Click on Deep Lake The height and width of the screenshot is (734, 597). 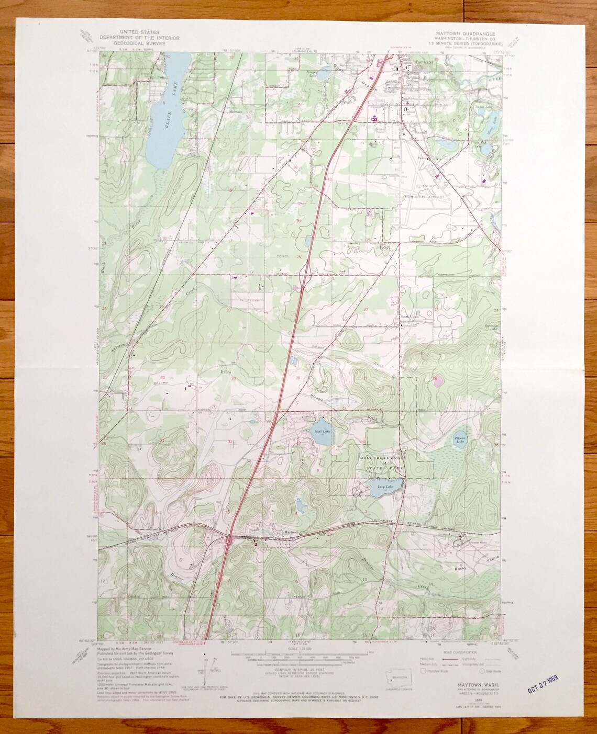(384, 485)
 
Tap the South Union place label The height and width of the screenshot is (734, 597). (410, 317)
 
